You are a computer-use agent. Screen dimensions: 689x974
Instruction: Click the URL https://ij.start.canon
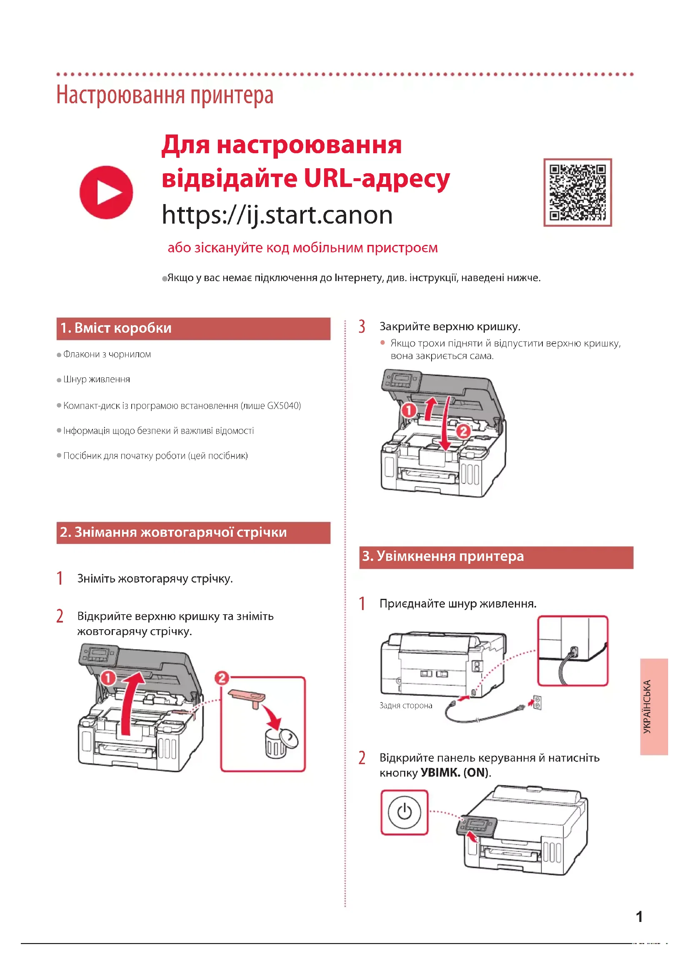(277, 214)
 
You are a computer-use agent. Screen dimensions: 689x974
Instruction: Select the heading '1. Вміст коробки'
(116, 328)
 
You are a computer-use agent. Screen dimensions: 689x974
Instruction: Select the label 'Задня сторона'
(406, 705)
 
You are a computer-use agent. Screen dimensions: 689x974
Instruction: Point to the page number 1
(639, 917)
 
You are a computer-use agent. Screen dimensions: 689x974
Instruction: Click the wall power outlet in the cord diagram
(537, 703)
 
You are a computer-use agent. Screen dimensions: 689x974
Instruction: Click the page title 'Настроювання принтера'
(165, 95)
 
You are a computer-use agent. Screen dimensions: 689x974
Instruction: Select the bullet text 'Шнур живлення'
(96, 379)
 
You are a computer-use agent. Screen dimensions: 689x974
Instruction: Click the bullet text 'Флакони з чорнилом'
(107, 354)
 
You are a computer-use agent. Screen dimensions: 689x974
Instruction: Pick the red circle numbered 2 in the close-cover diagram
(463, 431)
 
